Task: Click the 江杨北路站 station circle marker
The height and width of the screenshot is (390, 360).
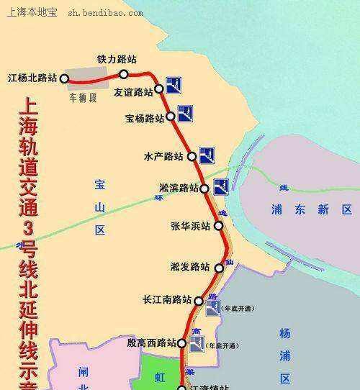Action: coord(64,78)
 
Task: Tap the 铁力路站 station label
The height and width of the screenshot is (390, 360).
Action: coord(117,60)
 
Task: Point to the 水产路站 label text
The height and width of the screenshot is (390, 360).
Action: coord(164,156)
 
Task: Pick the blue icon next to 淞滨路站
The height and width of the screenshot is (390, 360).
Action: coord(221,186)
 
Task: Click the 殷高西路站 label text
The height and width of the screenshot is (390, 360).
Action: coord(151,343)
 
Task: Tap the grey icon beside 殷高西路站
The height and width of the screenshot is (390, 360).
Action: coord(197,343)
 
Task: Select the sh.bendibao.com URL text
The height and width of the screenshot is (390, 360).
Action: coord(105,12)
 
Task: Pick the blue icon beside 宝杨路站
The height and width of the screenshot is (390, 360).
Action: coord(185,113)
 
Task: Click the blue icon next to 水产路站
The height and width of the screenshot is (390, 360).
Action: coord(207,153)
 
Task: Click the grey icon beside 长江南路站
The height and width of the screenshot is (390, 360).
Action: coord(213,308)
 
